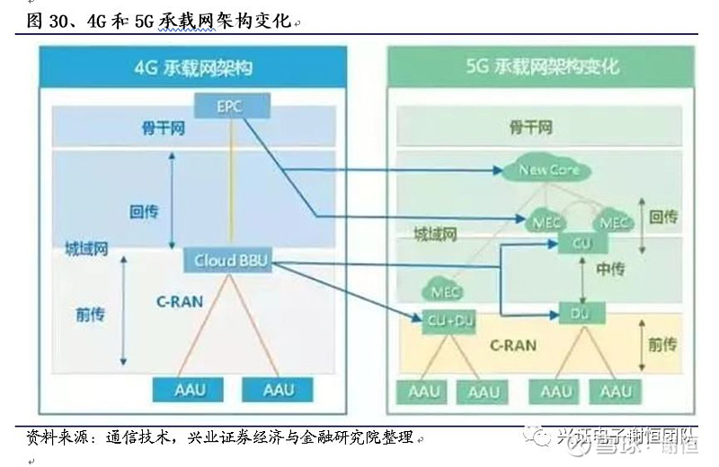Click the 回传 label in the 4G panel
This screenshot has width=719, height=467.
[x=145, y=212]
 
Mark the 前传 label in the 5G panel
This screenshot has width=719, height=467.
[x=663, y=345]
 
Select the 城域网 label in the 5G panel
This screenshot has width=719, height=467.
[x=436, y=236]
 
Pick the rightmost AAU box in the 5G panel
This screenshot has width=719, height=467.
[x=616, y=392]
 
